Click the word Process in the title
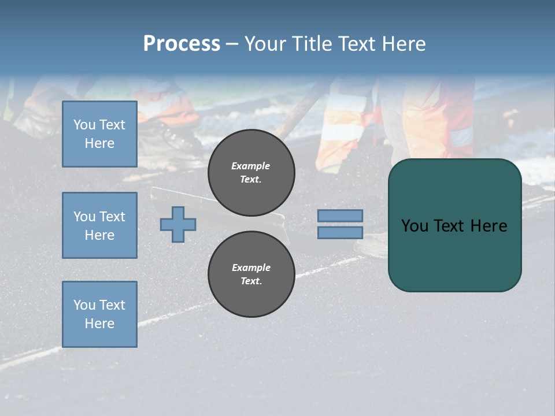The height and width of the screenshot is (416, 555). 182,44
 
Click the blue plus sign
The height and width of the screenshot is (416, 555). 178,224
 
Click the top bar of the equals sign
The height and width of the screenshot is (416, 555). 340,216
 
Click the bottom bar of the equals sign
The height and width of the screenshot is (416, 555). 340,232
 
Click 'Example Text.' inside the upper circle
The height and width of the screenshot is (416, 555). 251,172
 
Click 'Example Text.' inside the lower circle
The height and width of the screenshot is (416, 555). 251,274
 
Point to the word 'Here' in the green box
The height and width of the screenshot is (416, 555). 489,225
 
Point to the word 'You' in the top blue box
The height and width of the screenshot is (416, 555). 84,125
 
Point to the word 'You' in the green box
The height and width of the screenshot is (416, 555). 415,225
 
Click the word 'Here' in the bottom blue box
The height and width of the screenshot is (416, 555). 99,324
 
